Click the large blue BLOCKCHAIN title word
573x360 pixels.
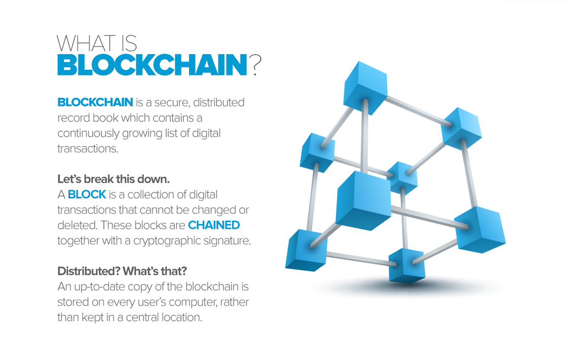(x=151, y=65)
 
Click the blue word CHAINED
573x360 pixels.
(x=214, y=225)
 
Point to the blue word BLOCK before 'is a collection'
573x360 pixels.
(x=87, y=194)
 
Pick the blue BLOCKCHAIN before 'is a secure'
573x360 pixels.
(x=95, y=102)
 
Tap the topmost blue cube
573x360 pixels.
(x=365, y=87)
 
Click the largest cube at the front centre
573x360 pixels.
(x=363, y=199)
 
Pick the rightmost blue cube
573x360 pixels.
(x=479, y=229)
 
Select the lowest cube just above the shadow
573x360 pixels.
(x=406, y=265)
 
